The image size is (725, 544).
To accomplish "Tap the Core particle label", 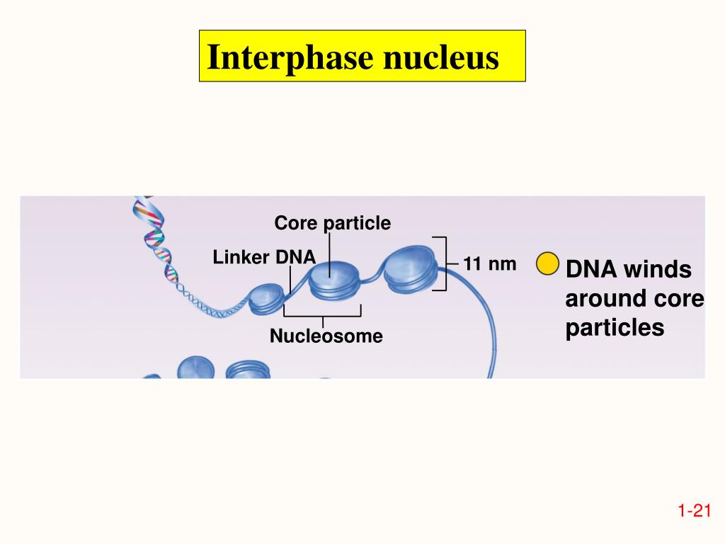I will (332, 224).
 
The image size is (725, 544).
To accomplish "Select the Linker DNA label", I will (264, 258).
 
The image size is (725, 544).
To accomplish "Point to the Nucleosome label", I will (326, 336).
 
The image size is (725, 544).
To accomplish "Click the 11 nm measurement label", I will (490, 265).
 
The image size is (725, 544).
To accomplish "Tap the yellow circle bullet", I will (547, 263).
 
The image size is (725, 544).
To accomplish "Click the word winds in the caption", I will (658, 270).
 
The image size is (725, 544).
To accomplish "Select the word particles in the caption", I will (615, 328).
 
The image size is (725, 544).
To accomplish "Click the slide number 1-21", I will (693, 511).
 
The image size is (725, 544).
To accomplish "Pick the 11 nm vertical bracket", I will (443, 263).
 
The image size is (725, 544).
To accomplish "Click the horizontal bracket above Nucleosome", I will (322, 314).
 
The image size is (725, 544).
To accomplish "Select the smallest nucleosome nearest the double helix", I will (264, 299).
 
